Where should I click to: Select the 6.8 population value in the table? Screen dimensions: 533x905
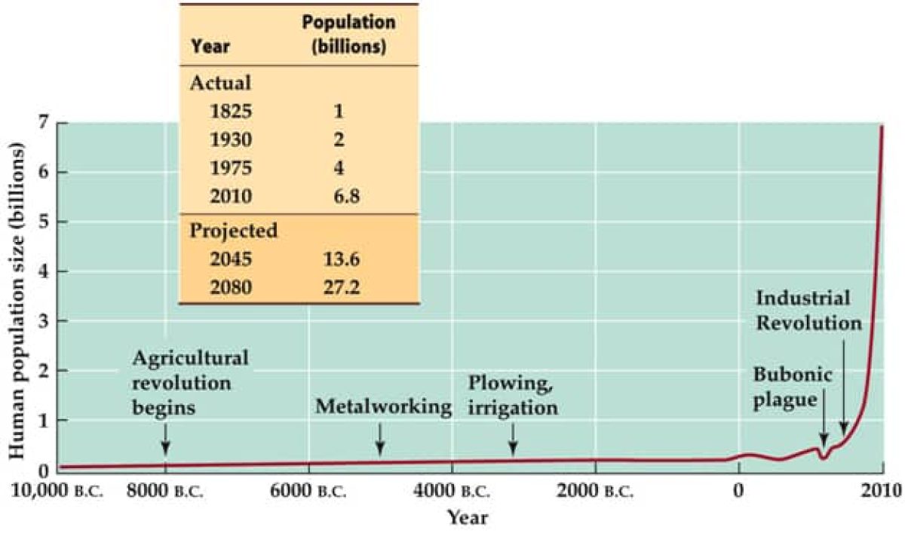coord(339,198)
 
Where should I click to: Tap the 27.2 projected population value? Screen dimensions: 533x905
coord(339,287)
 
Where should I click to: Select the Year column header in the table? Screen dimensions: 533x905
coord(210,47)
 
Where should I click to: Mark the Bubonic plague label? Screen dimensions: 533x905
coord(785,387)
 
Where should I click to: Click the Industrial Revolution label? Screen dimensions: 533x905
coord(808,310)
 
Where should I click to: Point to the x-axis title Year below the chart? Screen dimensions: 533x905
coord(467,518)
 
